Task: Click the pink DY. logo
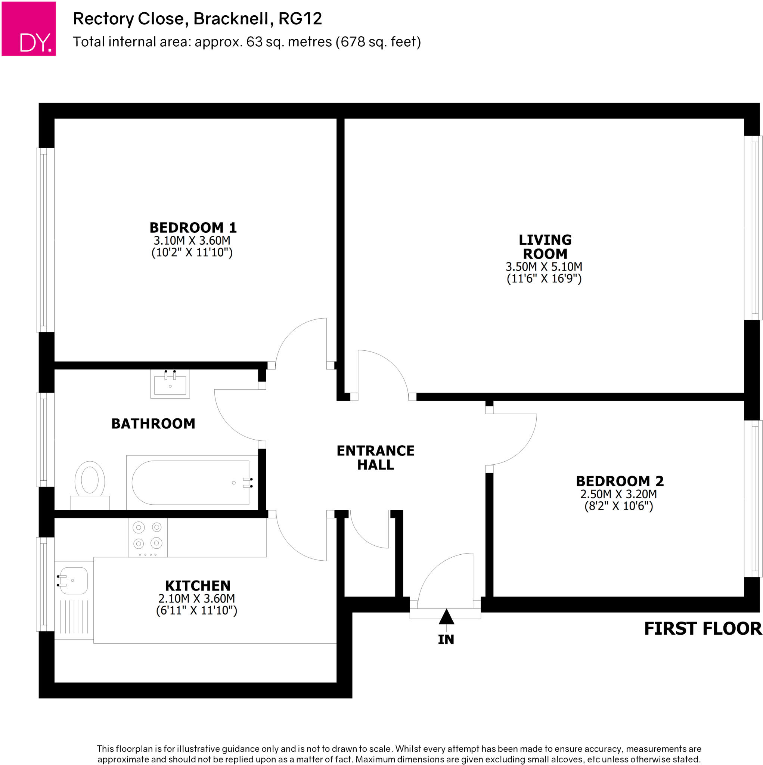coord(28,28)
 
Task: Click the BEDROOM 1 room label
coord(193,228)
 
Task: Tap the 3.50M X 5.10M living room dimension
coord(544,266)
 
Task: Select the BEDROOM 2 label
coord(619,481)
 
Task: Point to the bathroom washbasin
coord(170,384)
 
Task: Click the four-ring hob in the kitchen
coord(148,537)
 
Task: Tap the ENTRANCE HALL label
coord(375,457)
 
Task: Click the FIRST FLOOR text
coord(702,629)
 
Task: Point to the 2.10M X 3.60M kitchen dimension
coord(196,598)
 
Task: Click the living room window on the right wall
coord(753,228)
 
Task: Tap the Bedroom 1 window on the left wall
coord(45,239)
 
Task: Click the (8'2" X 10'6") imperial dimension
coord(618,506)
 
